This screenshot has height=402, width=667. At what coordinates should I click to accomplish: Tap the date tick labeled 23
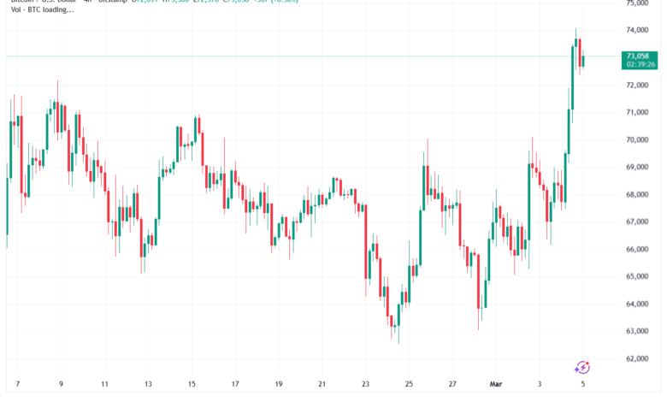[365, 385]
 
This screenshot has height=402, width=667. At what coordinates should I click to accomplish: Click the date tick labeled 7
[16, 385]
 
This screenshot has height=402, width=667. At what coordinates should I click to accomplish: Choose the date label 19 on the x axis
[278, 385]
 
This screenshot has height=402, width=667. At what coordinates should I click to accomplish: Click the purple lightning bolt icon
[581, 368]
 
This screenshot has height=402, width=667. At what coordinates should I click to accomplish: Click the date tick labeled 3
[539, 385]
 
